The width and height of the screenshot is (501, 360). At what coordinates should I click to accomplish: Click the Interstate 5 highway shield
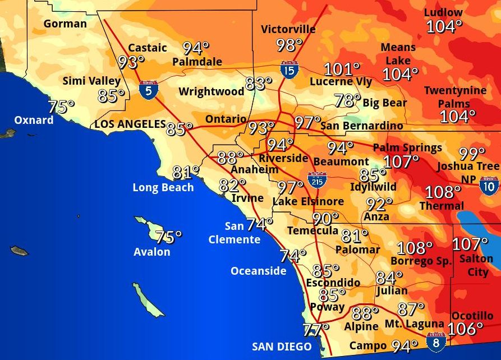pos(148,90)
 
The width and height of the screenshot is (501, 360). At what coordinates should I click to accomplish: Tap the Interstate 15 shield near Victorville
pos(289,70)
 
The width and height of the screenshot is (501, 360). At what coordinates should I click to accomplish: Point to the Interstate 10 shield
pos(489,185)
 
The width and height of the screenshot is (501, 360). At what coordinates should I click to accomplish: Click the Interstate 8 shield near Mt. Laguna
pos(436,341)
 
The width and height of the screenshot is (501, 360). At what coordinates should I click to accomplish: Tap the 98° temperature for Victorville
pos(289,45)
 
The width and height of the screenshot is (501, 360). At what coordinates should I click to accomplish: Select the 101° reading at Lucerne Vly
pos(342,70)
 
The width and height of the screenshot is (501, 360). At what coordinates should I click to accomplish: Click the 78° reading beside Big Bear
pos(347,101)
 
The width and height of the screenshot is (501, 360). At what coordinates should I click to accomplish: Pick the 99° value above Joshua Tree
pos(472,153)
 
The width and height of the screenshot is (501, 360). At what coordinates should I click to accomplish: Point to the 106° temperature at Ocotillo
pos(465,329)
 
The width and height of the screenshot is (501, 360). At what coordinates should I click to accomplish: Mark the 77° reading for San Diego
pos(315,330)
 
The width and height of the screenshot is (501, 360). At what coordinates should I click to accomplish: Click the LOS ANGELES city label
pos(130,124)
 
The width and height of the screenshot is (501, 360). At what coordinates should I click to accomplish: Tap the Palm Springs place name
pos(407,148)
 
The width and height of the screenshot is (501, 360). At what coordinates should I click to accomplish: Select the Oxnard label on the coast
pos(34,120)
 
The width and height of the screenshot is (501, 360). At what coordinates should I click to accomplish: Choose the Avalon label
pos(151,252)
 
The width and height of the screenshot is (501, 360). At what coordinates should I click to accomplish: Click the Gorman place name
pos(65,24)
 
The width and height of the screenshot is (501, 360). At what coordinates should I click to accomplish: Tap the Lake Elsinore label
pos(308,201)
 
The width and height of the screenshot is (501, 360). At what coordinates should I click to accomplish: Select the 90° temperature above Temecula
pos(325,218)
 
